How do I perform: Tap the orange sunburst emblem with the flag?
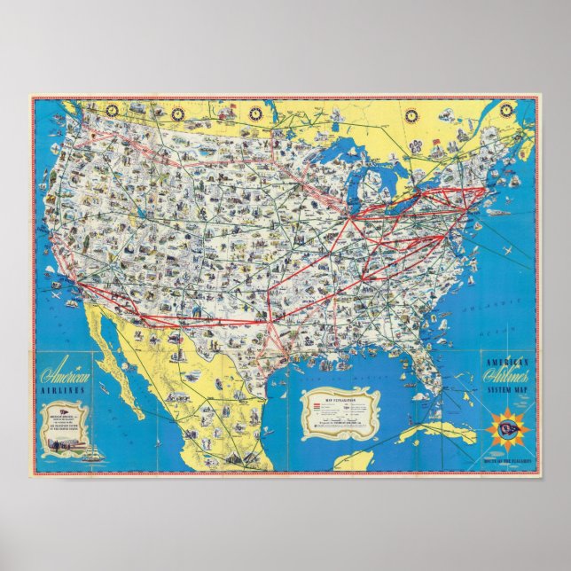tap(506, 431)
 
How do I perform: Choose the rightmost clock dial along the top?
tap(506, 110)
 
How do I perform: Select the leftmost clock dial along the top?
tap(112, 109)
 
